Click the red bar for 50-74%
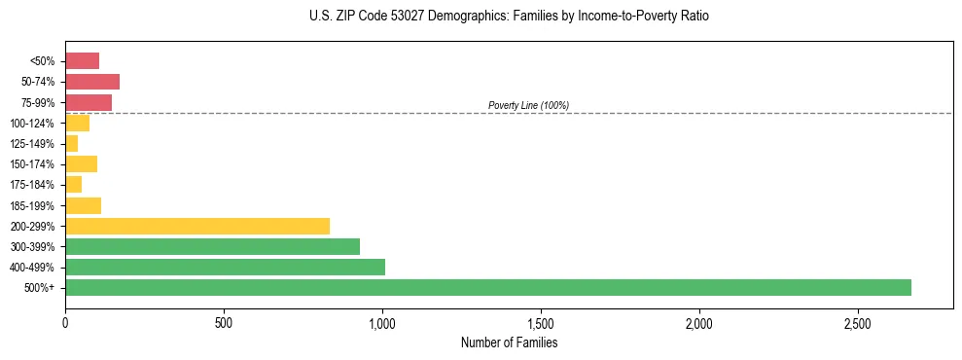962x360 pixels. [92, 82]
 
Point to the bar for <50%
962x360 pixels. [82, 61]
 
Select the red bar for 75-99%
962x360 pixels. [89, 102]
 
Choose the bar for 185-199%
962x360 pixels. [83, 205]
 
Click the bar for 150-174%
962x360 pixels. [81, 163]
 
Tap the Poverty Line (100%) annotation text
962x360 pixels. [528, 105]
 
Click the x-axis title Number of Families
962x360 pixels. [509, 342]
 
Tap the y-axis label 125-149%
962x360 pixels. [32, 144]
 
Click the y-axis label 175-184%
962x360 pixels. [32, 185]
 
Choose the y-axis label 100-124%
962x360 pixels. [32, 124]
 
